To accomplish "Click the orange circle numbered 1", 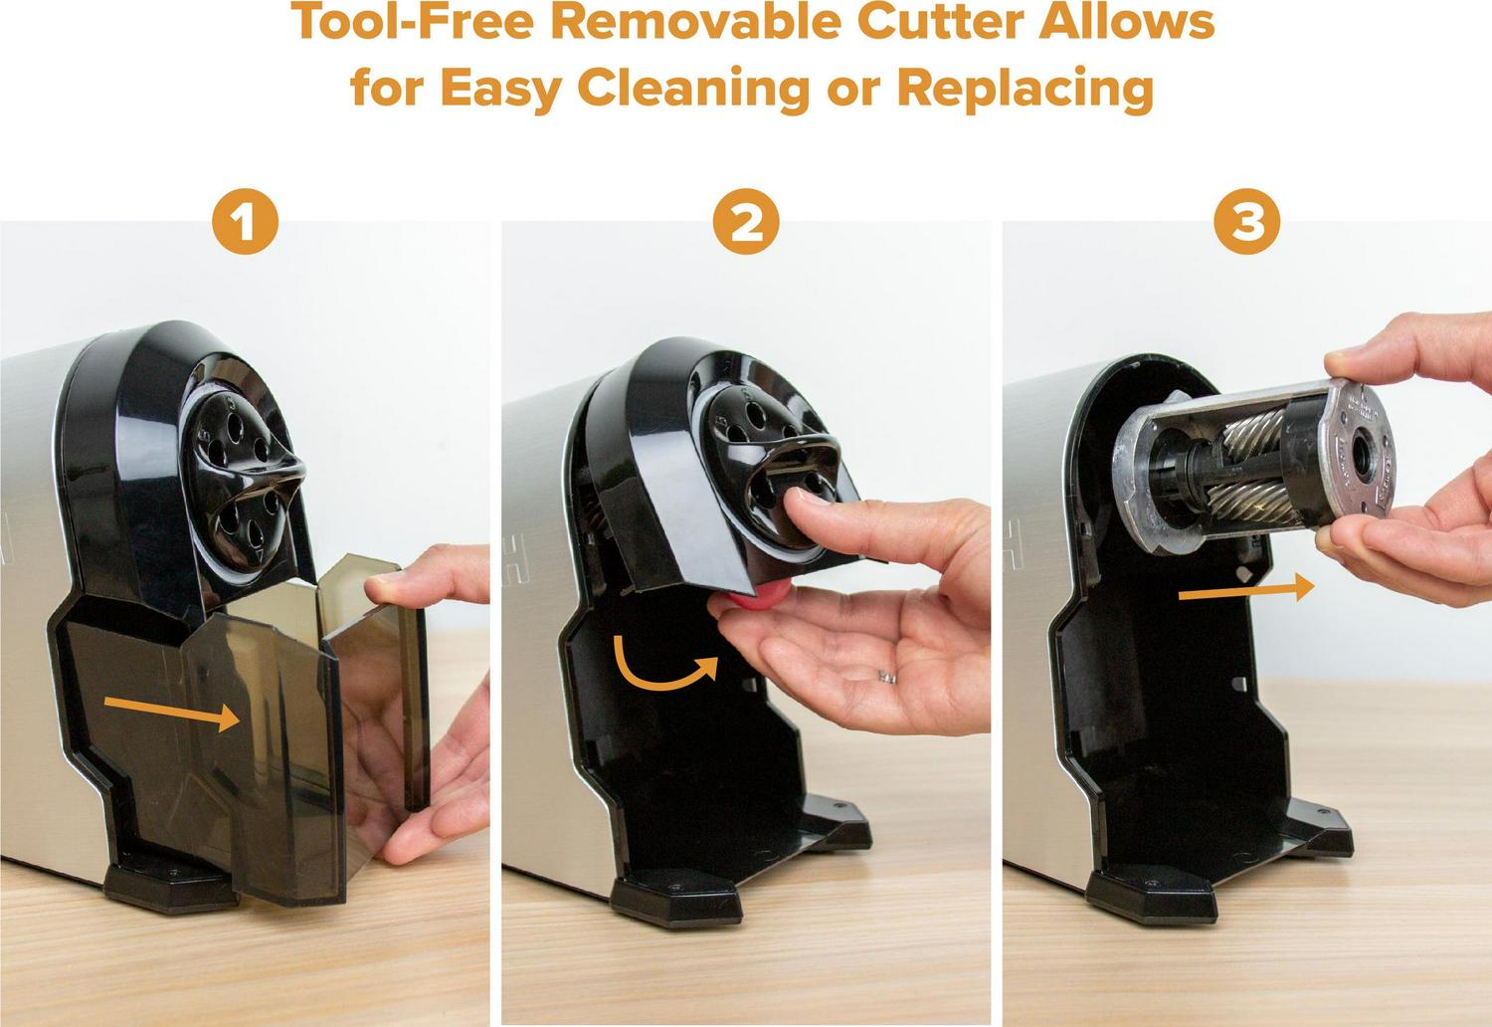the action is [245, 221].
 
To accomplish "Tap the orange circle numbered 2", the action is [746, 221].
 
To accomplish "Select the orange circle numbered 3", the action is [1247, 221].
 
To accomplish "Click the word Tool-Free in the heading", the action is [413, 21].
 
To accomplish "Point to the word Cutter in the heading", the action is [941, 21].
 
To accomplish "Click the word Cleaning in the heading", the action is [693, 90].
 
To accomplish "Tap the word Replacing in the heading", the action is [1026, 90].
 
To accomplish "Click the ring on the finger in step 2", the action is [887, 677].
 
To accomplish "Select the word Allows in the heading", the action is [1127, 21].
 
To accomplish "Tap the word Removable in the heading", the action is [696, 21].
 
